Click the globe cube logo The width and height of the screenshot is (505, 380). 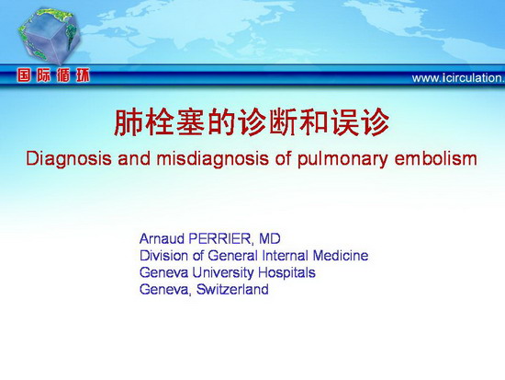tap(49, 36)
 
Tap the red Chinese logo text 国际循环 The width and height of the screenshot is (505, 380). tap(54, 75)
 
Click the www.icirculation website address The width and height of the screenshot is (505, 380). tap(458, 78)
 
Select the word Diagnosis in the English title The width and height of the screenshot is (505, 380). tap(69, 159)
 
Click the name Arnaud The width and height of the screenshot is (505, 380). tap(162, 239)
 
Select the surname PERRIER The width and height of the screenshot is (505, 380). tap(219, 239)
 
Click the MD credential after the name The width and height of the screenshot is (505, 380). tap(270, 239)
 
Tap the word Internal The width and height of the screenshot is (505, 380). tap(286, 256)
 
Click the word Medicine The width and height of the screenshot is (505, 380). tap(341, 256)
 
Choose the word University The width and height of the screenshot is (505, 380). tap(223, 272)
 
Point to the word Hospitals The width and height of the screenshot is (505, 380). tap(286, 273)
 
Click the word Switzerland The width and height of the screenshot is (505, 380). tap(232, 289)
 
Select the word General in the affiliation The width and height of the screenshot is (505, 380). tap(233, 256)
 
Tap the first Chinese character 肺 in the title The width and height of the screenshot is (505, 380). tap(128, 122)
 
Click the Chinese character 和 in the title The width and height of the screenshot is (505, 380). tap(313, 122)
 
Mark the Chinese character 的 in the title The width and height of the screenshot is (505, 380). tap(220, 122)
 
